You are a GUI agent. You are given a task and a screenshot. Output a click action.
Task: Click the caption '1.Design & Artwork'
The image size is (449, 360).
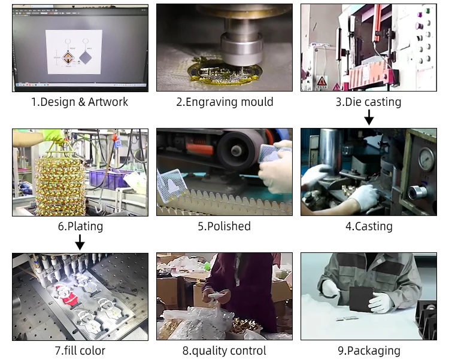point(80,102)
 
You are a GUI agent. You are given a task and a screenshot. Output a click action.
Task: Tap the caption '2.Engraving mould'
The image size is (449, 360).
point(224,102)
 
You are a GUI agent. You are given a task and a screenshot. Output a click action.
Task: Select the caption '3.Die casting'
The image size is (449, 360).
point(368,102)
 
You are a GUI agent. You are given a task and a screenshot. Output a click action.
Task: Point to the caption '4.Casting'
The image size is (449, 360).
point(369,226)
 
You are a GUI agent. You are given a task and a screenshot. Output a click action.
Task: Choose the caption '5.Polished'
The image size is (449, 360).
point(224,226)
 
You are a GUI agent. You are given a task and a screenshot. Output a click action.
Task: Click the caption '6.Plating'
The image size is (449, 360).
point(80,226)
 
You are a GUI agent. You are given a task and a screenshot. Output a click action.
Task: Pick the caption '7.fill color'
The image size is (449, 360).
point(80,350)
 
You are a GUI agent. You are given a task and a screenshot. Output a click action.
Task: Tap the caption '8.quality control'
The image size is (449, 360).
point(224,350)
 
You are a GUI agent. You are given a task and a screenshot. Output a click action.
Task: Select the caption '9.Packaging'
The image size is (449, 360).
point(369,350)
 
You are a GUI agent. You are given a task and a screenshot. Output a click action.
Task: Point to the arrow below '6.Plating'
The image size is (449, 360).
point(80,241)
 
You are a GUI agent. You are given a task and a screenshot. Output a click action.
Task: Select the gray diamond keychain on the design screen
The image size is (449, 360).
point(87,58)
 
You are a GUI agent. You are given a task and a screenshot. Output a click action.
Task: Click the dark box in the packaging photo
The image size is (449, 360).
point(362,297)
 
